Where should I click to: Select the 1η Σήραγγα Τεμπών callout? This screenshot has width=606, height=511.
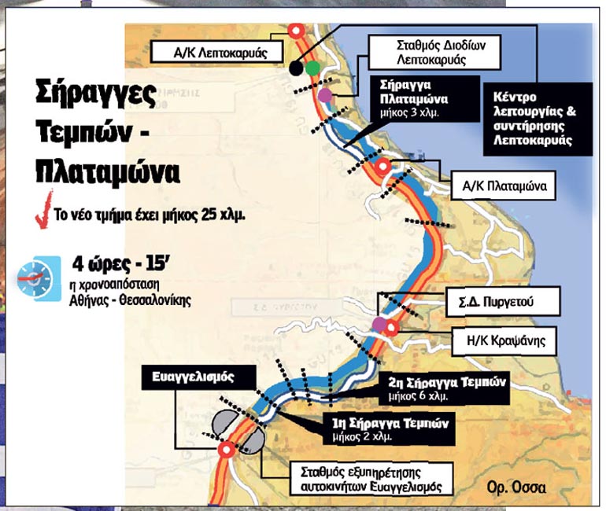[x=388, y=428]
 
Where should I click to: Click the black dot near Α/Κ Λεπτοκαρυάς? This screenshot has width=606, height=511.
[x=296, y=68]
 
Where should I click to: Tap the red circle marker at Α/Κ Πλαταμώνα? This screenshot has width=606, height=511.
[x=383, y=166]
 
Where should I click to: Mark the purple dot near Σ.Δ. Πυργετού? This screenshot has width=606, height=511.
[x=379, y=324]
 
